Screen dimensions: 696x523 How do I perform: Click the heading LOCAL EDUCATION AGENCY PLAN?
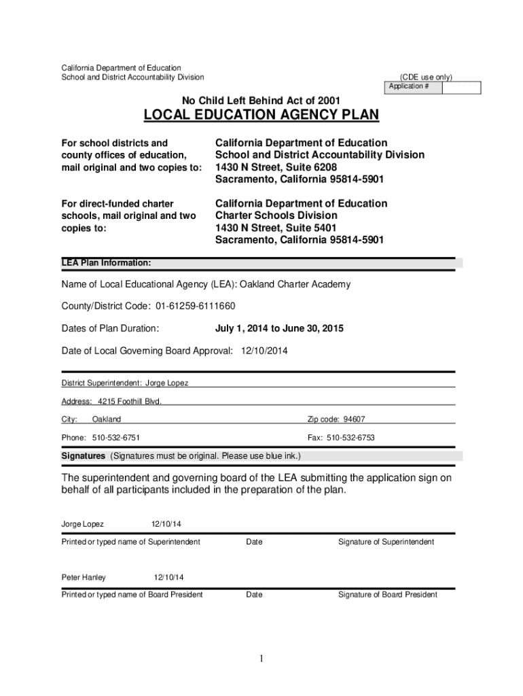click(261, 116)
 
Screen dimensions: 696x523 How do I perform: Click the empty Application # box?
click(461, 88)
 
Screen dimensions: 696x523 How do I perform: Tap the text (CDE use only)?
click(426, 77)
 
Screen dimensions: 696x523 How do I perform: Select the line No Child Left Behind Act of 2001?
click(261, 101)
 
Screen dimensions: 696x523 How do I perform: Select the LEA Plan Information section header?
click(107, 263)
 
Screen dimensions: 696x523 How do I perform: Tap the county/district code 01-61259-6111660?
click(196, 307)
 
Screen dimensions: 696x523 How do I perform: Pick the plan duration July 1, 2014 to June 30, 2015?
click(279, 328)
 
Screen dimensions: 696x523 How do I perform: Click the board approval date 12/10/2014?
click(264, 351)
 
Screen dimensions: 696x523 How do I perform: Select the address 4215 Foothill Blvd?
click(130, 401)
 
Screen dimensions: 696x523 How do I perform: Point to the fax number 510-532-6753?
click(351, 438)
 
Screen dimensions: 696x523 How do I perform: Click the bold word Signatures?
click(84, 455)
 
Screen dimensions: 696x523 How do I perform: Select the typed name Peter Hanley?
click(84, 578)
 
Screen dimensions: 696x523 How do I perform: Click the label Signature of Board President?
click(388, 595)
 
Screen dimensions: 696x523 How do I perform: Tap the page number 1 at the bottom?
click(261, 658)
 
